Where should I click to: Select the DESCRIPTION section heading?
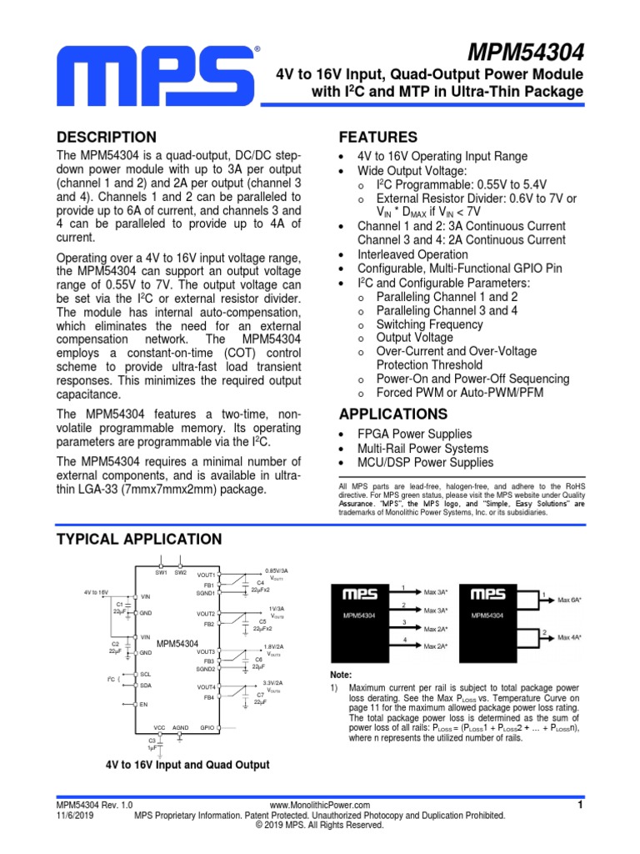[106, 138]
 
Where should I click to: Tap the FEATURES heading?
[378, 138]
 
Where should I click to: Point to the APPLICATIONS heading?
[393, 414]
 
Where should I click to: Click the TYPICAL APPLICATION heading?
[139, 540]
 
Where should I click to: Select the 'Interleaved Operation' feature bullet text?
[412, 254]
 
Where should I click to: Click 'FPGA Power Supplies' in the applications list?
[414, 434]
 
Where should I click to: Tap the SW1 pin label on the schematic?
[161, 572]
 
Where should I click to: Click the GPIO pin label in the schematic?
[207, 727]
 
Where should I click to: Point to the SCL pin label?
[146, 674]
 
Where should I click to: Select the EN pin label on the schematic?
[144, 705]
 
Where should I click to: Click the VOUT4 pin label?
[206, 686]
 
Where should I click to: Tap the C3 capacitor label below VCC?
[152, 740]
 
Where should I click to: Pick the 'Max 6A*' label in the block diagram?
[570, 600]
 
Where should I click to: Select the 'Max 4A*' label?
[570, 637]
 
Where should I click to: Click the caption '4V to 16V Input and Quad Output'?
[187, 765]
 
